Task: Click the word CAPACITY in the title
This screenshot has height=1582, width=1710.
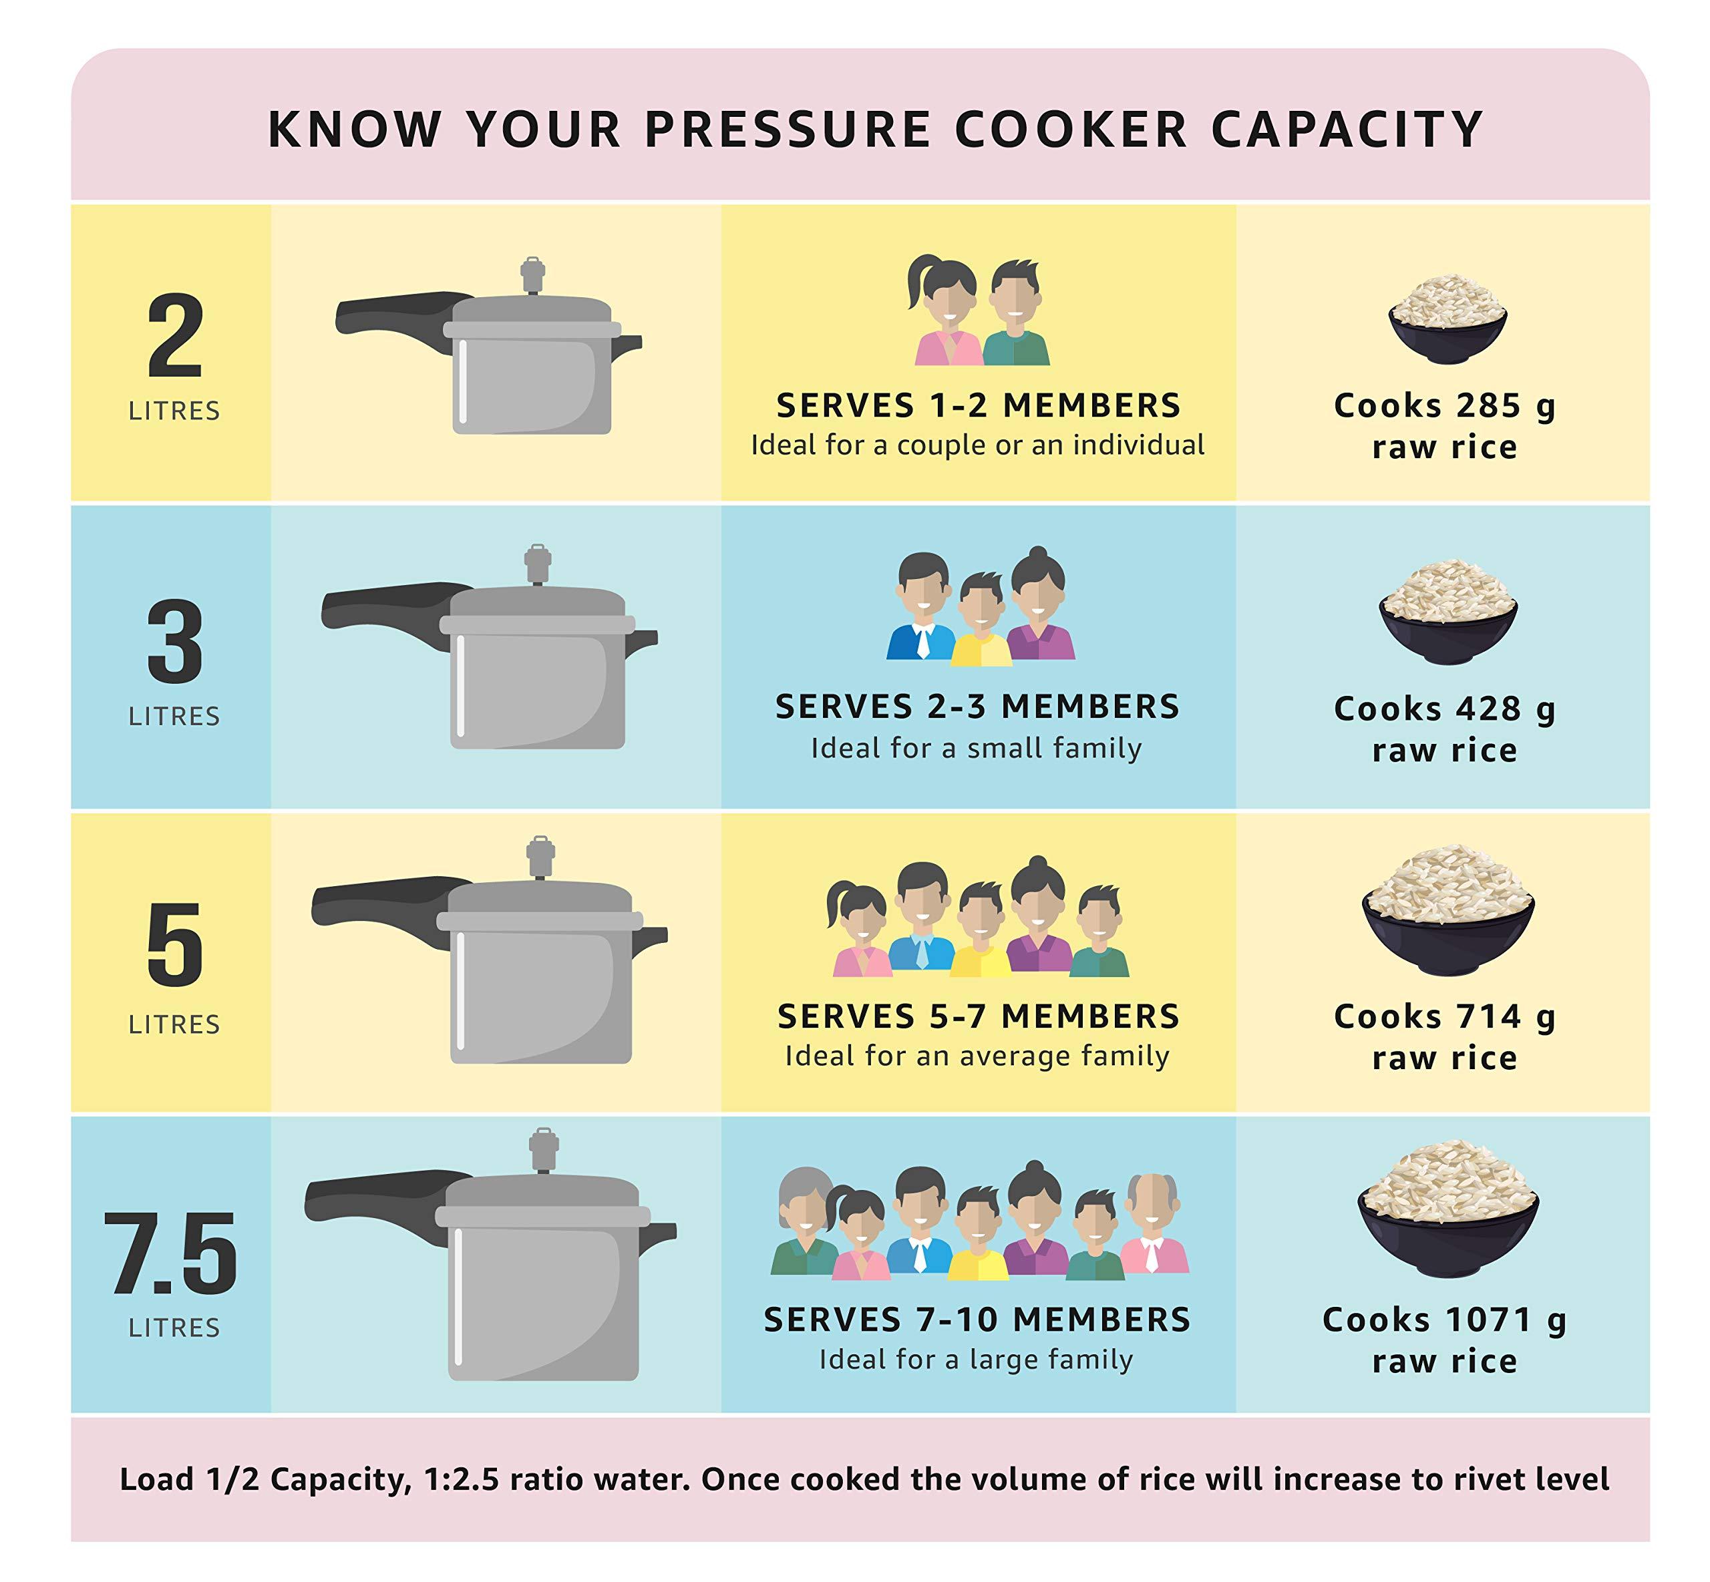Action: (x=1346, y=130)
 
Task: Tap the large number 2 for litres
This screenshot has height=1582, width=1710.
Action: (x=175, y=336)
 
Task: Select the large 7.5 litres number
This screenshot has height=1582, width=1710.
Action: (x=171, y=1254)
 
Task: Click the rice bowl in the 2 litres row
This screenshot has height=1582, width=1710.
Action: (x=1447, y=319)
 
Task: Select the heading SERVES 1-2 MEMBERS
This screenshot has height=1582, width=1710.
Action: (x=978, y=406)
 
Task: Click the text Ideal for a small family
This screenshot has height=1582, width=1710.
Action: (x=976, y=748)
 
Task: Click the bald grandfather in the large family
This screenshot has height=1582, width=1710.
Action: (x=1154, y=1224)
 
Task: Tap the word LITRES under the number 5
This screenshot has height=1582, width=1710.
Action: (x=175, y=1024)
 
